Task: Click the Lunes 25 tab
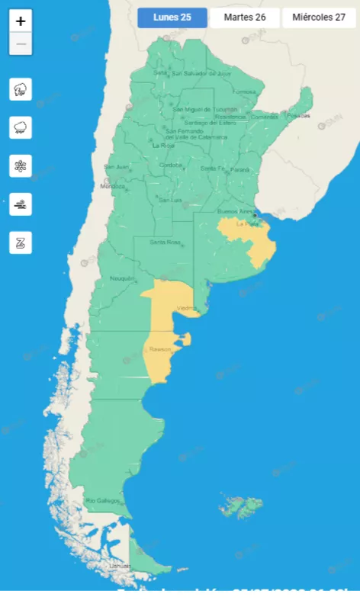[172, 18]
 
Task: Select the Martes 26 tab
[245, 18]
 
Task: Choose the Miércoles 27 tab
[319, 18]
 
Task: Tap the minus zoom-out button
[21, 44]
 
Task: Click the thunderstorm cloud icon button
[21, 89]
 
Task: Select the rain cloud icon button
[21, 127]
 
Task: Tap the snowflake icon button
[21, 165]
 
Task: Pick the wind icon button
[21, 204]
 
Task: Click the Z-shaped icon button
[21, 242]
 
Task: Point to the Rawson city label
[160, 349]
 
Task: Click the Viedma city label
[186, 308]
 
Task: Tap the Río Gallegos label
[103, 500]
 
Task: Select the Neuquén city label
[122, 278]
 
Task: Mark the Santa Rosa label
[164, 242]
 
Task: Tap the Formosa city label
[246, 91]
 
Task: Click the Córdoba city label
[171, 165]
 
